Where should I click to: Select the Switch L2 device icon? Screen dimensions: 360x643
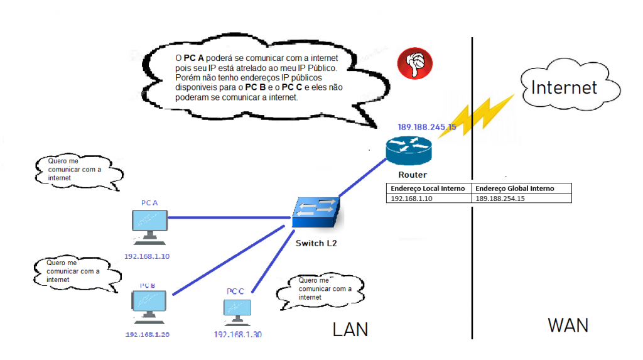click(318, 214)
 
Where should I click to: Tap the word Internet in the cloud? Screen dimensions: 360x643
click(564, 87)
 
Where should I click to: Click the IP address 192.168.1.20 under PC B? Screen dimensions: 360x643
click(148, 334)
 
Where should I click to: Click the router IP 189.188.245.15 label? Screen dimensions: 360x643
click(426, 127)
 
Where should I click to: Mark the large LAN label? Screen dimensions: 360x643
click(350, 329)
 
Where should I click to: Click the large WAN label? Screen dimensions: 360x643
click(568, 325)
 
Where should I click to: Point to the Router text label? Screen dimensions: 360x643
click(412, 175)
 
